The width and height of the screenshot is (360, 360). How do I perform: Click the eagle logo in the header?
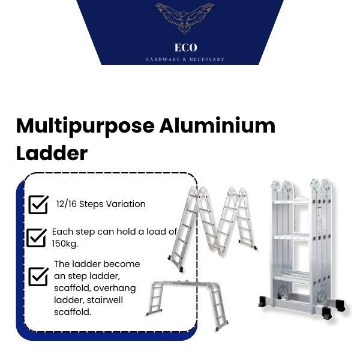pos(184,17)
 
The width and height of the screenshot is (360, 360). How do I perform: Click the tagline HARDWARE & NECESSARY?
pos(185,59)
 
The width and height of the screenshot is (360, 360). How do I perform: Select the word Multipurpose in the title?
pos(84,127)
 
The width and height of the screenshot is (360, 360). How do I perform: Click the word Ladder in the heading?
pos(52,153)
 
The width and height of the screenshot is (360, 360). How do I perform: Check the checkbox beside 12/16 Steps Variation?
pos(38,204)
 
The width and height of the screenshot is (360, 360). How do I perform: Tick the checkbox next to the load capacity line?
pos(37,237)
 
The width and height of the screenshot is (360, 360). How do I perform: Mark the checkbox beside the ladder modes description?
pos(38,277)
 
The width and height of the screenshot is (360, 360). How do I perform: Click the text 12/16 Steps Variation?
pos(101,204)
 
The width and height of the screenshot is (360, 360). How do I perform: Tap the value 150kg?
pos(65,244)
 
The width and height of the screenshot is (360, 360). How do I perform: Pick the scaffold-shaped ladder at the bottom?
pos(186,303)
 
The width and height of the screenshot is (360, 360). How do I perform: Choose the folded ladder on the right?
pos(301,246)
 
